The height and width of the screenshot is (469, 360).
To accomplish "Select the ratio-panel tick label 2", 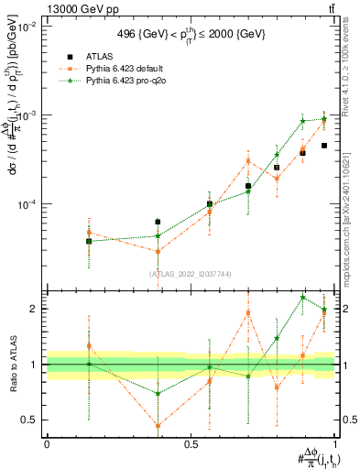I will (x=36, y=309).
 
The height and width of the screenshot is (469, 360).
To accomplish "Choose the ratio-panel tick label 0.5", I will (x=31, y=420).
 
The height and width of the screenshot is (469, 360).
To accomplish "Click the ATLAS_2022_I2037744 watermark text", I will (x=191, y=274).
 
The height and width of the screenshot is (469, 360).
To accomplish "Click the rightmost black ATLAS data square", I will (x=324, y=146).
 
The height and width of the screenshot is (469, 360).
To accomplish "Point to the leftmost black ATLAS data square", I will (x=89, y=242).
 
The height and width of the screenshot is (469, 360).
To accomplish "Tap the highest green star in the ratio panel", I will (x=303, y=297).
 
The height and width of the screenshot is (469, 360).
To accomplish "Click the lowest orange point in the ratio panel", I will (x=158, y=425).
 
